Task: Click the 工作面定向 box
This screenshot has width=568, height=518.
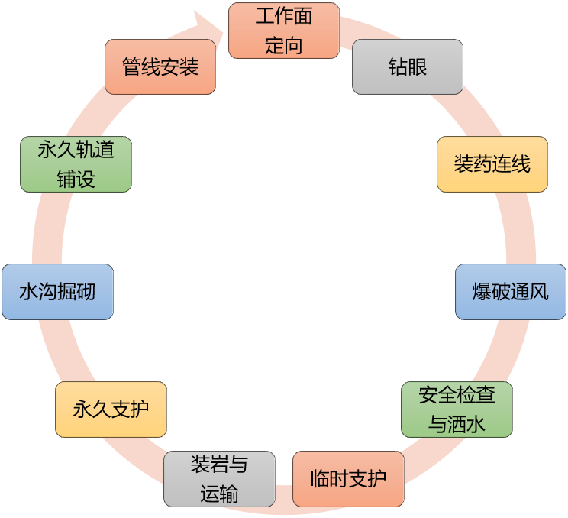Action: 283,31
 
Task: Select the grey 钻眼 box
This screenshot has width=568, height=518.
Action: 407,66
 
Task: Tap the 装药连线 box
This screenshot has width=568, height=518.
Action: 492,164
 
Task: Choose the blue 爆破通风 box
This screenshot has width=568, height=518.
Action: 511,292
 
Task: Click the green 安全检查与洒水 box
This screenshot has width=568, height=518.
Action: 457,410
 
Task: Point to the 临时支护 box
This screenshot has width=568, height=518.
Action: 348,479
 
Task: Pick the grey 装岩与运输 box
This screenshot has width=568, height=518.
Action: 220,479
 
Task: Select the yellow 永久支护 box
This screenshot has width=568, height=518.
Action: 111,410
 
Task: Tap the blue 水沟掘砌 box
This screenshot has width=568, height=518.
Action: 57,292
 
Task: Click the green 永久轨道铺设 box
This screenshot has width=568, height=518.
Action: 76,164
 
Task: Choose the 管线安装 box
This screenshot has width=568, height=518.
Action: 160,66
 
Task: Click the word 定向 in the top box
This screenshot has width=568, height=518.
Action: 283,45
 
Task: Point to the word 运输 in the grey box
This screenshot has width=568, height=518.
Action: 220,494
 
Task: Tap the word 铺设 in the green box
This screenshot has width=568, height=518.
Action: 76,179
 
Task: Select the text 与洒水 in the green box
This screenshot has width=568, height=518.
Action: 457,424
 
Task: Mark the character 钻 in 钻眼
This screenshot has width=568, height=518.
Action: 397,66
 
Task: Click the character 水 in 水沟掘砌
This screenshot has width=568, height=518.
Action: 28,292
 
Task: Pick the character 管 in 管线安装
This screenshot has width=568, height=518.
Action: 131,66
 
